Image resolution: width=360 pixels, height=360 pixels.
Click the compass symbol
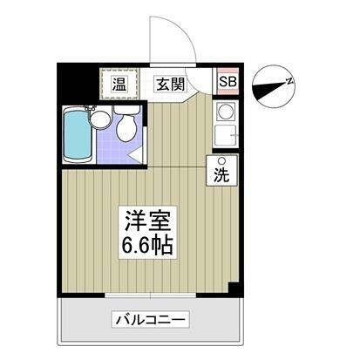[273, 85]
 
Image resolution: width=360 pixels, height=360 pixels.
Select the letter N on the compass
[289, 80]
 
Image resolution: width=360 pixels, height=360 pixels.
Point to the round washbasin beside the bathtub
[101, 119]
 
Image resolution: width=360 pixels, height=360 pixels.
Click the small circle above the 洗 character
[221, 160]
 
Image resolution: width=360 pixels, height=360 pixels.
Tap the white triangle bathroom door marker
[136, 156]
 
